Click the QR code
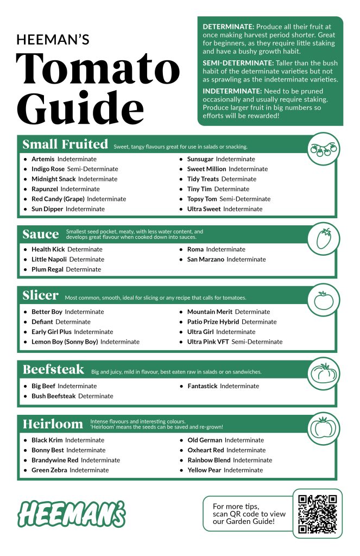[318, 513]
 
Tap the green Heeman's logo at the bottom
[71, 513]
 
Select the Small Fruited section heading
[65, 144]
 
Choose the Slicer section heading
[40, 295]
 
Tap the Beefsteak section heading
[53, 370]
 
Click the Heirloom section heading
[53, 424]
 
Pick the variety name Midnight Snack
[53, 179]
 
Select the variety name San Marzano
[205, 260]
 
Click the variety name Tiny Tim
[199, 189]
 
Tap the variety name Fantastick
[202, 386]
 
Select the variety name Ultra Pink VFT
[208, 342]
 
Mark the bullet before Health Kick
[26, 250]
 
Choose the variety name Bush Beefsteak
[53, 396]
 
